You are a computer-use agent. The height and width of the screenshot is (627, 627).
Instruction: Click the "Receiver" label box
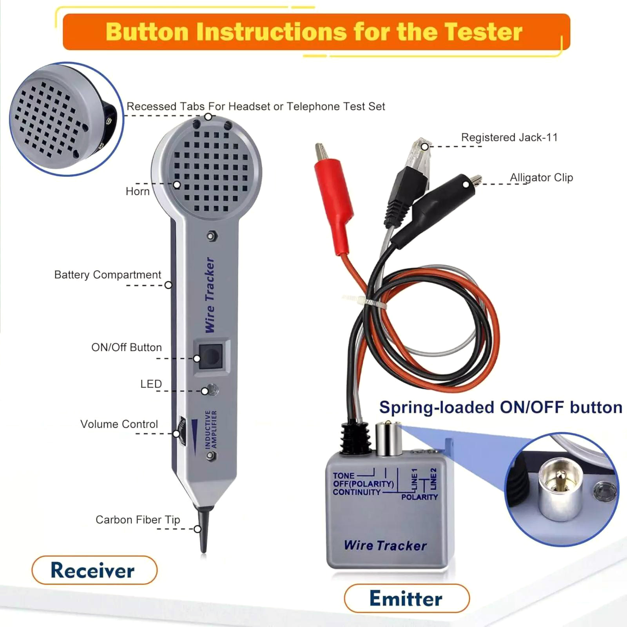click(94, 570)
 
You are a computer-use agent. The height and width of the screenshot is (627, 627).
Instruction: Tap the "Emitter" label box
click(406, 598)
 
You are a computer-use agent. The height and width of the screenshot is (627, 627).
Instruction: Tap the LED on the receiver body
click(212, 390)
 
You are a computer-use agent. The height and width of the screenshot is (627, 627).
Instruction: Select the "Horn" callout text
click(138, 191)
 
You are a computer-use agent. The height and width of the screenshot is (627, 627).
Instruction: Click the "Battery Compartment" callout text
click(108, 275)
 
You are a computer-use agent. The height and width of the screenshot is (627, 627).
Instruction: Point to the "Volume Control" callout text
click(119, 424)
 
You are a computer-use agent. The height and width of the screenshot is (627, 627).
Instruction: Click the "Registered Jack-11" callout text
click(509, 138)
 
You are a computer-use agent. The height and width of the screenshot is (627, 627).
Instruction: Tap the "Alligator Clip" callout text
click(542, 178)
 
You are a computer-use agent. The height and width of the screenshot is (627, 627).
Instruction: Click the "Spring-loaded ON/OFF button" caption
click(501, 408)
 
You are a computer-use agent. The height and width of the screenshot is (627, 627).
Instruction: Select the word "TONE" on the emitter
click(344, 476)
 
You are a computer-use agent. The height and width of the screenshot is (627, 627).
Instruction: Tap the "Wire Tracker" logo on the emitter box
click(386, 545)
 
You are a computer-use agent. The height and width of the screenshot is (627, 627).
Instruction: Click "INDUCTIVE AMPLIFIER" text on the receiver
click(211, 429)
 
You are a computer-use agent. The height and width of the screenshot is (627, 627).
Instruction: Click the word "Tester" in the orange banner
click(483, 32)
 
